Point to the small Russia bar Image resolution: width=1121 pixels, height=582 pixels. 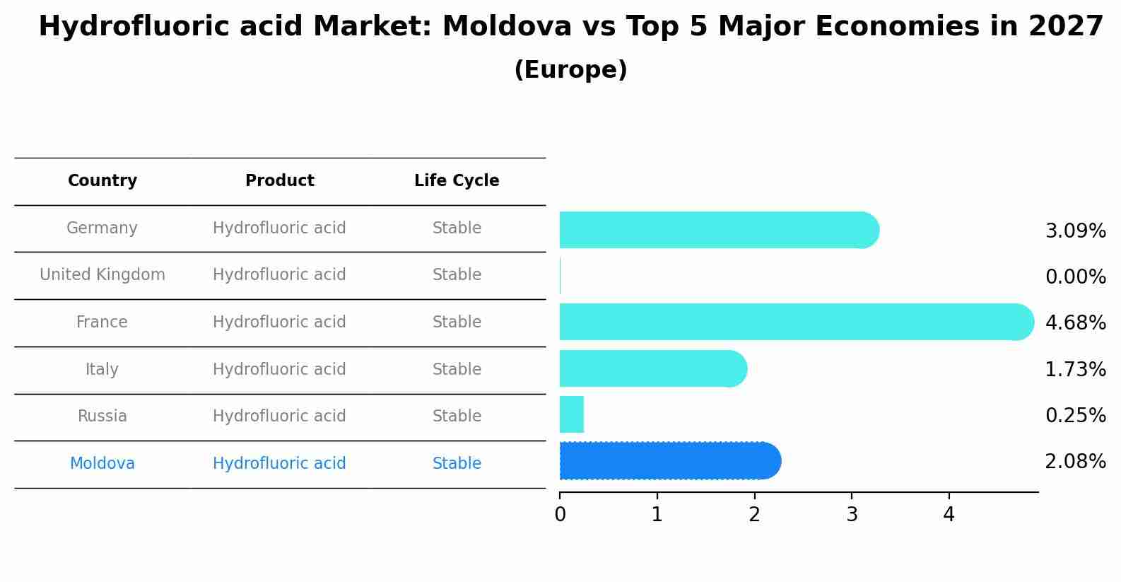[x=571, y=414]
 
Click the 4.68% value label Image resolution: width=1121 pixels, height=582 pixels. [x=1075, y=323]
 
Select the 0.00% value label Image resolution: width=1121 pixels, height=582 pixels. [x=1075, y=277]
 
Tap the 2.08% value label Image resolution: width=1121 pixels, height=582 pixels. [x=1075, y=462]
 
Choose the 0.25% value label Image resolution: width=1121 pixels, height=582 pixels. [x=1075, y=416]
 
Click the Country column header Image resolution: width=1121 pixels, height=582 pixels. [x=102, y=181]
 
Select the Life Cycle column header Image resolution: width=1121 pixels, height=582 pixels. [x=457, y=181]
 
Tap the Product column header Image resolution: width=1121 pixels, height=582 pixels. [x=279, y=181]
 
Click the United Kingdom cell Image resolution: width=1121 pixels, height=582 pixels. [x=102, y=275]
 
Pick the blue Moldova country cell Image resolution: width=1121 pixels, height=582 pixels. [x=102, y=464]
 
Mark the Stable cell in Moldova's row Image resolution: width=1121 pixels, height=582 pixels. [x=457, y=464]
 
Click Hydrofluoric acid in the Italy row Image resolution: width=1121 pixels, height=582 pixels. [x=279, y=370]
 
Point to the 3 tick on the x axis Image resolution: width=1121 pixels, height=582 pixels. [x=852, y=515]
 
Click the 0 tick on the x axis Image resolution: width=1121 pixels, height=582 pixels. [x=560, y=515]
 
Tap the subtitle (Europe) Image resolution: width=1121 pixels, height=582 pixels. [x=570, y=70]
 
